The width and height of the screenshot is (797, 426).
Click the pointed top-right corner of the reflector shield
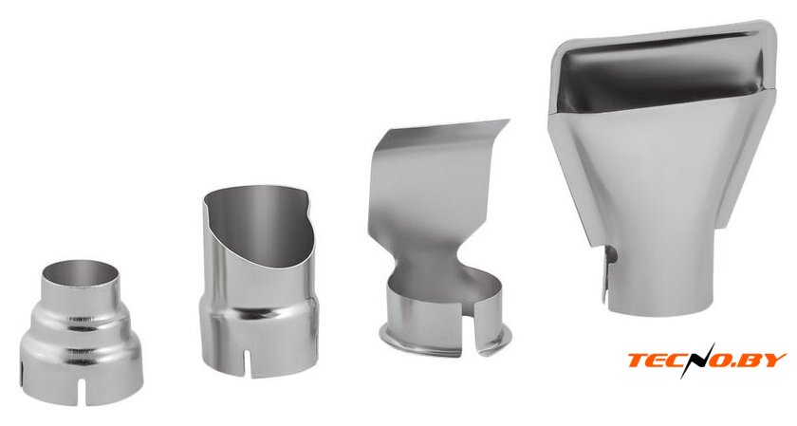click(508, 120)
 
